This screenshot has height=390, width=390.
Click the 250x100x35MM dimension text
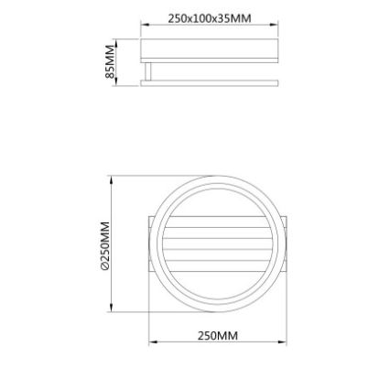tap(210, 18)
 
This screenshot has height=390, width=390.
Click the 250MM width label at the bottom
tap(218, 336)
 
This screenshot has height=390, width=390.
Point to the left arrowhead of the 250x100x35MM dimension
tap(142, 25)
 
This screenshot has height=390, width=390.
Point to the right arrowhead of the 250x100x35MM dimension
tap(276, 25)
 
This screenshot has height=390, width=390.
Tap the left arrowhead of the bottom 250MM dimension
tap(152, 343)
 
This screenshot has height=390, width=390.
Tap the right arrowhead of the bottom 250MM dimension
tap(285, 343)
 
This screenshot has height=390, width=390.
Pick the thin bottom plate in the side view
tap(210, 82)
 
